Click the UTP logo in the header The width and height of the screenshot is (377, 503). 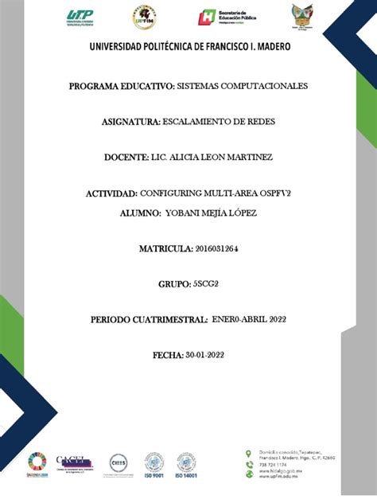[x=80, y=17]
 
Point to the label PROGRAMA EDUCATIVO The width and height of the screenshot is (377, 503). [x=120, y=85]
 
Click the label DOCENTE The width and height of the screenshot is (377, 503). [x=126, y=158]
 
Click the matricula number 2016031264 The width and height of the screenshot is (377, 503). [x=216, y=249]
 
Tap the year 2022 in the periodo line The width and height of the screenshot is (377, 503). [x=270, y=319]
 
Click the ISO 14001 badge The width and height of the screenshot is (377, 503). [x=185, y=465]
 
